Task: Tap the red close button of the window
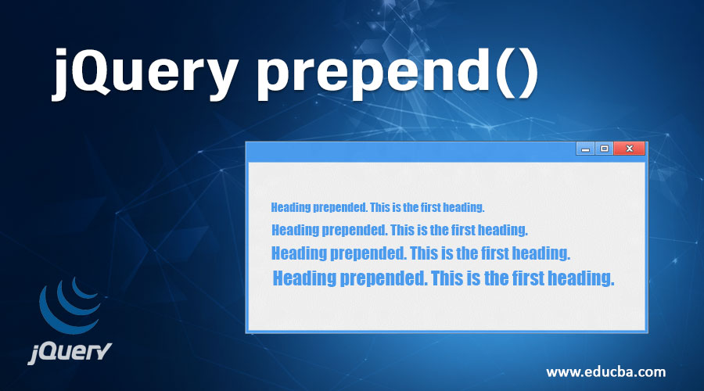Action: (x=630, y=149)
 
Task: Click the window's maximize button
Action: (x=604, y=149)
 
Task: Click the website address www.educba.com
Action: (x=606, y=370)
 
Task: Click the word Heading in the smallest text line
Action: (x=291, y=207)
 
